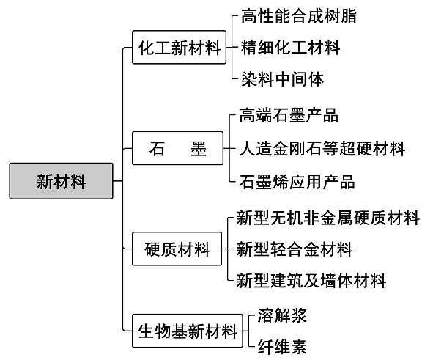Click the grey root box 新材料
[61, 181]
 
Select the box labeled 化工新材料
[180, 47]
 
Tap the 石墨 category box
[177, 148]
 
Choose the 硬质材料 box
[177, 249]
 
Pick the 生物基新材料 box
[188, 331]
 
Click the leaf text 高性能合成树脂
[298, 15]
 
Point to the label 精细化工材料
[290, 48]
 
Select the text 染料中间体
[282, 79]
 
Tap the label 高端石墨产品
[289, 115]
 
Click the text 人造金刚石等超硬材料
[322, 149]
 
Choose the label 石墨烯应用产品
[297, 182]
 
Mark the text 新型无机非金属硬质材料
[328, 218]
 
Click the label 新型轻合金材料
[295, 249]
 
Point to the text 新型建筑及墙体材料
[311, 281]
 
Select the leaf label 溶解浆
[282, 315]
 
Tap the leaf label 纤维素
[282, 347]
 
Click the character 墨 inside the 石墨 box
[199, 149]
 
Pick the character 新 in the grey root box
[45, 182]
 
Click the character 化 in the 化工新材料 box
[147, 48]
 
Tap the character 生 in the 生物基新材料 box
[147, 331]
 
